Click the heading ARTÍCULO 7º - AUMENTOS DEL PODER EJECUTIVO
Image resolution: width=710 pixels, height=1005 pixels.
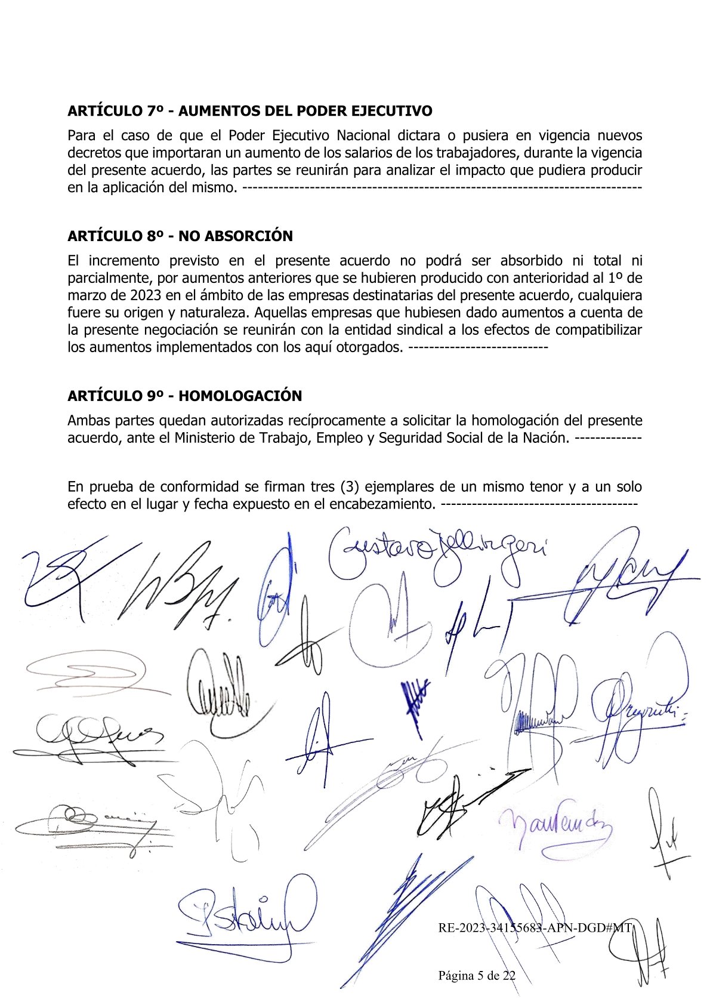249,111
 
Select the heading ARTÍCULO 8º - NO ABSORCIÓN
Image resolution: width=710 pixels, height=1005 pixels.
180,236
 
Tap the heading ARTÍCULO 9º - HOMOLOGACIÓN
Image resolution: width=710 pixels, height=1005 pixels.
184,396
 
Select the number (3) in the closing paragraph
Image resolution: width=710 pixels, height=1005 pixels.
349,486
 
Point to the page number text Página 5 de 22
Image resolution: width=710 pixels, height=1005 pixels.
477,976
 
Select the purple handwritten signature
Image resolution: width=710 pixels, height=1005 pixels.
555,827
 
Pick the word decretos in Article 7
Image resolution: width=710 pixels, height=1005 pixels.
96,153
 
